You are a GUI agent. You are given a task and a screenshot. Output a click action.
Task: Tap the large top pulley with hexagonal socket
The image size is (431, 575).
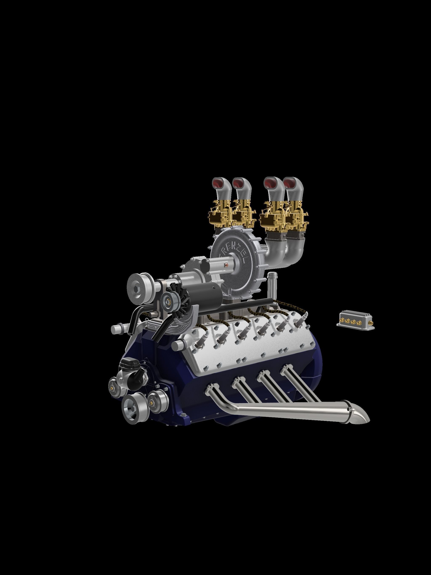(x=137, y=288)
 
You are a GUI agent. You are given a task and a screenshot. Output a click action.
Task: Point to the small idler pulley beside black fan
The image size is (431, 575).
(x=168, y=301)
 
